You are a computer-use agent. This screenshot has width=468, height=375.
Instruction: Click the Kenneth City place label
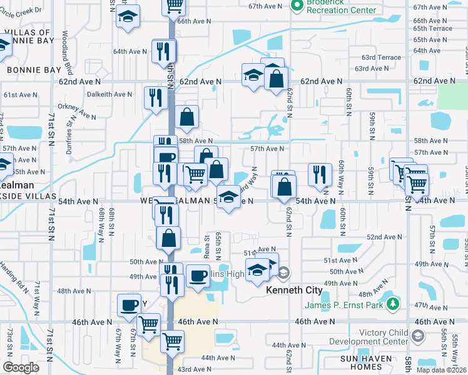[294, 291]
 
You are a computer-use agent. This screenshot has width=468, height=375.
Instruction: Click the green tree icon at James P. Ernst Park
[393, 304]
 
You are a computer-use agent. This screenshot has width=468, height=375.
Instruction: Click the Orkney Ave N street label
[76, 111]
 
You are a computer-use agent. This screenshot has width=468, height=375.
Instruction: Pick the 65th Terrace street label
[432, 29]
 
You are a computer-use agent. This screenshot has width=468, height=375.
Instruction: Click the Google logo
[21, 367]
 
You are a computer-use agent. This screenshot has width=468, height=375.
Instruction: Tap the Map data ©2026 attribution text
[441, 370]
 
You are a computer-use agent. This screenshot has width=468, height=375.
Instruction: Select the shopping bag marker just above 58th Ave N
[186, 116]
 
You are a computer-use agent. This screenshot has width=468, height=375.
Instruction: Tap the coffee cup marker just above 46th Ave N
[129, 305]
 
